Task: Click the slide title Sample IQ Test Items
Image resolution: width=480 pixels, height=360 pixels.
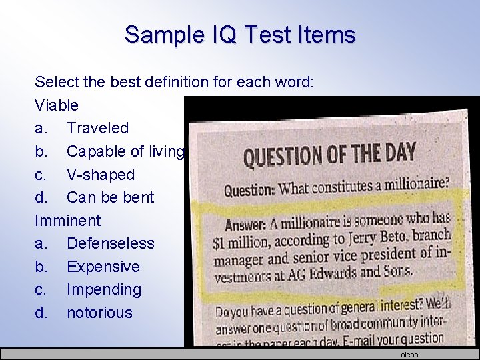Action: (x=240, y=34)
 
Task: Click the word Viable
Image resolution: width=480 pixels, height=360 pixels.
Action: (x=57, y=105)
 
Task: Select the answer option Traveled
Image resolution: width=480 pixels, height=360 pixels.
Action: (x=97, y=128)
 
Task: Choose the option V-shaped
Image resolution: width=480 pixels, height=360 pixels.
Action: (x=100, y=175)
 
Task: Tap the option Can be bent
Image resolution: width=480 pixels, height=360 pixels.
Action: (x=110, y=197)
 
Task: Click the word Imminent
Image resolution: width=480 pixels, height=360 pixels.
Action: (x=67, y=221)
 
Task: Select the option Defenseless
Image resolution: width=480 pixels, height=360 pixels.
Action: (x=110, y=243)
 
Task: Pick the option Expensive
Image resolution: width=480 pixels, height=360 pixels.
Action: (x=103, y=267)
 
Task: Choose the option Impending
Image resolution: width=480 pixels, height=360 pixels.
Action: (x=104, y=289)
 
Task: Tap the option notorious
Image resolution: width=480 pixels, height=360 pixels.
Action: (x=99, y=313)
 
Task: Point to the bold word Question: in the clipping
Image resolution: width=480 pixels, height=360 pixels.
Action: (x=249, y=191)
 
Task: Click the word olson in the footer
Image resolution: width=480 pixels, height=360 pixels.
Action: (x=409, y=355)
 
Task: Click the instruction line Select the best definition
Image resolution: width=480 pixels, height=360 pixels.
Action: (x=179, y=83)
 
